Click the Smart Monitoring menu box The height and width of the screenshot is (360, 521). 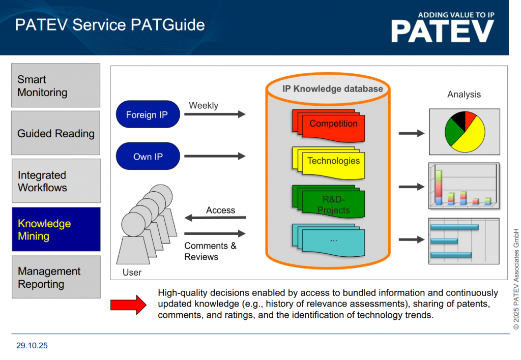coord(56,85)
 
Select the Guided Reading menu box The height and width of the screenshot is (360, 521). coord(56,133)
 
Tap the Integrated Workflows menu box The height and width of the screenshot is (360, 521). coord(56,181)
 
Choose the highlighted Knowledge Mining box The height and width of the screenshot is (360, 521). coord(56,229)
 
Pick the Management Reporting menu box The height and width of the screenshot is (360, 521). coord(56,277)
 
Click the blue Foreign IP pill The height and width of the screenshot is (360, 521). coord(148,115)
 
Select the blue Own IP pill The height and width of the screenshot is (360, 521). coord(148,157)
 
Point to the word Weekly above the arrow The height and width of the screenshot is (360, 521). coord(204,106)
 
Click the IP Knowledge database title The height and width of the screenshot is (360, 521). coord(332,89)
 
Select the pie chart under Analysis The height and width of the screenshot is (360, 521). coord(464,132)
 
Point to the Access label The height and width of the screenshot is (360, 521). coord(220,210)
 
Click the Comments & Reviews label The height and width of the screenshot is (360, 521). coord(210,251)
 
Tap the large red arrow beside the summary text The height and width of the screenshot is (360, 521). coord(128,305)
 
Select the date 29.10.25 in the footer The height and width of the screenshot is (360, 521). coord(32,346)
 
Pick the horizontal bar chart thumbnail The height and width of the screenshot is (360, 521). coord(464,241)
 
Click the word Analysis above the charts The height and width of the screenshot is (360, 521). coord(464,95)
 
